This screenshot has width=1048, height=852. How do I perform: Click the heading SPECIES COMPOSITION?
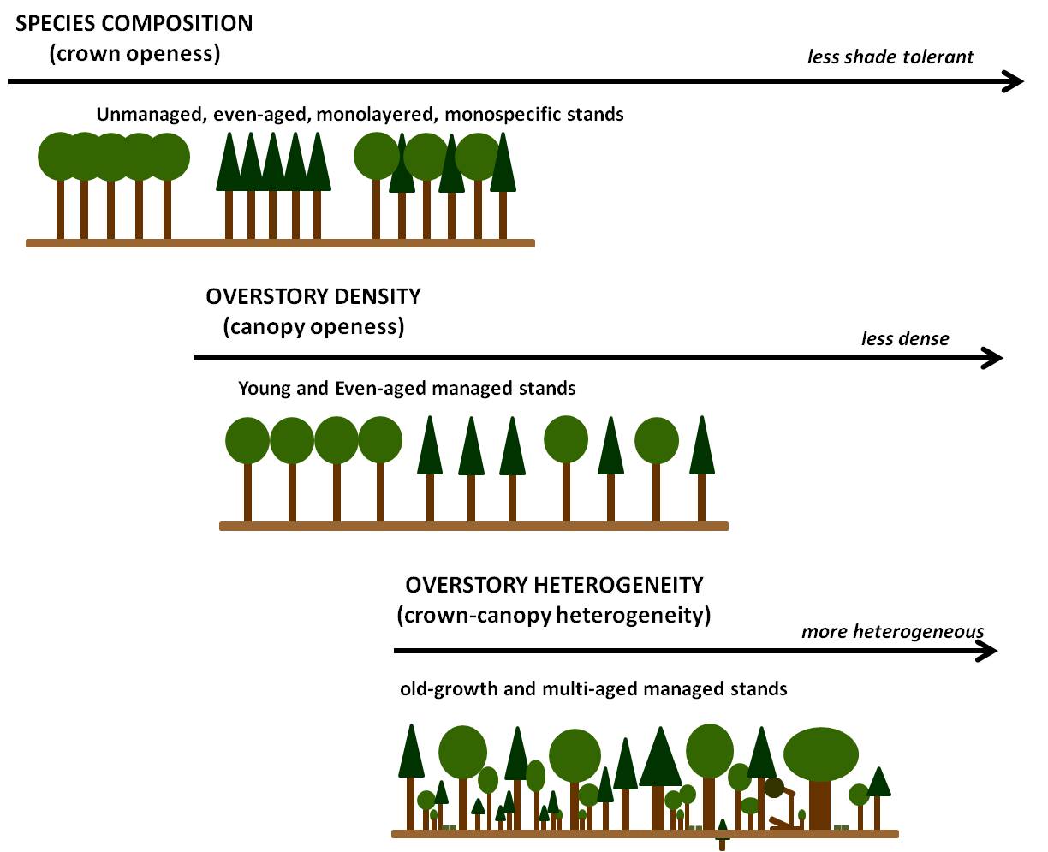coord(134,23)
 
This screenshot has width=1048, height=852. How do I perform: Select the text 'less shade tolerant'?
coord(890,57)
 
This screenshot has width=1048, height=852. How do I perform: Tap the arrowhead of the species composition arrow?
coord(1014,81)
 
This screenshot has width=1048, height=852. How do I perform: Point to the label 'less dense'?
coord(905,338)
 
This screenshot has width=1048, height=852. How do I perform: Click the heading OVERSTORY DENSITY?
coord(313,297)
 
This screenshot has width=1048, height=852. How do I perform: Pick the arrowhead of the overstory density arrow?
coord(992,358)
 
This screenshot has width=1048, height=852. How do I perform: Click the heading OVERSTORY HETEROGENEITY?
coord(554,586)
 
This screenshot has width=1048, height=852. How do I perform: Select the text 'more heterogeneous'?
coord(892,632)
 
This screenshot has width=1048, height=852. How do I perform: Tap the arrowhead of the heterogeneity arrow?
coord(987,652)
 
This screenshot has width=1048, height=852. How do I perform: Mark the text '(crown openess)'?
coord(134,53)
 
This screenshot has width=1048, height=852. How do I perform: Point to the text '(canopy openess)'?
coord(313,327)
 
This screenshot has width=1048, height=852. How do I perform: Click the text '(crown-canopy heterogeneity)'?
coord(554,616)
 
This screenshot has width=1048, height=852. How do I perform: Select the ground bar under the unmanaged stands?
coord(280,243)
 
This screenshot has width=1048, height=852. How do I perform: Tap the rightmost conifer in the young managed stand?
coord(702,450)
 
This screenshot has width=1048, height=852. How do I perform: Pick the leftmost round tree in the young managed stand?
coord(247,441)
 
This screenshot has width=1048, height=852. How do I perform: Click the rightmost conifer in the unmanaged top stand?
coord(503,167)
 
